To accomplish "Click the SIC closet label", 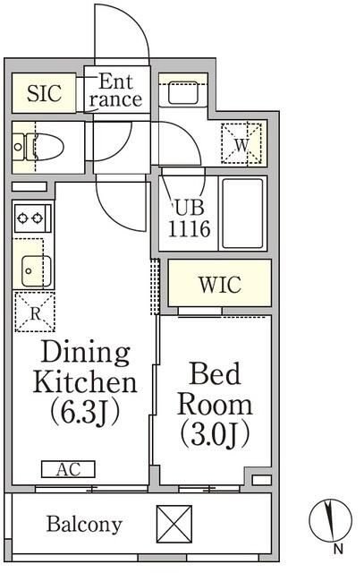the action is pyautogui.click(x=44, y=93).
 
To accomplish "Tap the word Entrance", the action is pyautogui.click(x=115, y=90).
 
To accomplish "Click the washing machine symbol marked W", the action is pyautogui.click(x=241, y=143).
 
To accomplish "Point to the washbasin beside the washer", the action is pyautogui.click(x=183, y=92).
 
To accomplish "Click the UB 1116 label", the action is pyautogui.click(x=189, y=218).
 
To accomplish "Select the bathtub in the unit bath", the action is pyautogui.click(x=242, y=213).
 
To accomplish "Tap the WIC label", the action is pyautogui.click(x=220, y=285).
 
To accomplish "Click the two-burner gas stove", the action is pyautogui.click(x=33, y=218).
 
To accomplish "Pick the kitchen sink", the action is pyautogui.click(x=36, y=270).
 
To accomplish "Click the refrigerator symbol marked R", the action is pyautogui.click(x=35, y=312).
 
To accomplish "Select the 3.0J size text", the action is pyautogui.click(x=216, y=435).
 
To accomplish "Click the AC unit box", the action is pyautogui.click(x=68, y=469).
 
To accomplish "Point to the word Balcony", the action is pyautogui.click(x=84, y=525).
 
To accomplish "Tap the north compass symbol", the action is pyautogui.click(x=330, y=520).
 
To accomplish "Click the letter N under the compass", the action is pyautogui.click(x=338, y=549).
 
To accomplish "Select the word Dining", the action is pyautogui.click(x=86, y=352).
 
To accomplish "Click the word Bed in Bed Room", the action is pyautogui.click(x=216, y=373).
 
